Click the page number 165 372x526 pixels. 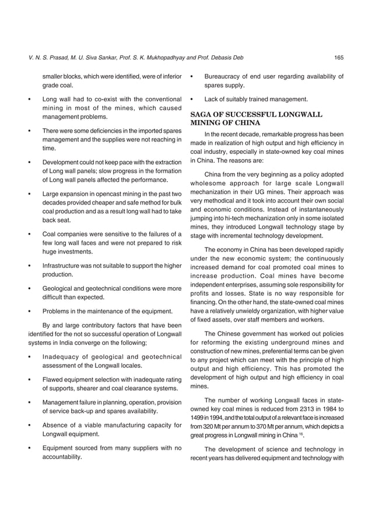(x=338, y=57)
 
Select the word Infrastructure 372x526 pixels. (x=66, y=266)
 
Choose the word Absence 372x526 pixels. (x=56, y=425)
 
